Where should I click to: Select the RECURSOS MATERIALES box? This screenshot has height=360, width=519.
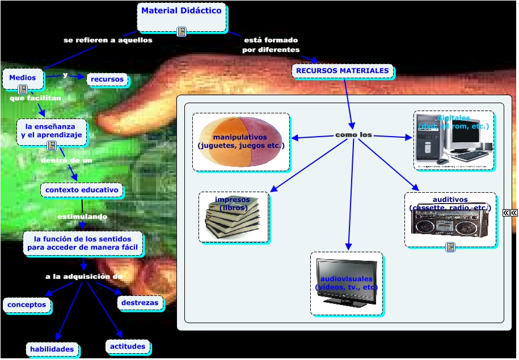pyautogui.click(x=343, y=71)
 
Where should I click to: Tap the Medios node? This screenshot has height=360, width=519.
pyautogui.click(x=23, y=78)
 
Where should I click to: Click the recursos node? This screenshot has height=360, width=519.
pyautogui.click(x=107, y=79)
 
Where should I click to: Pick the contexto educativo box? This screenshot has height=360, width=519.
pyautogui.click(x=82, y=190)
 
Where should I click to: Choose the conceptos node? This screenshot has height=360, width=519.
pyautogui.click(x=27, y=305)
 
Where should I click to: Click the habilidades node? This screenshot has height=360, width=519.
pyautogui.click(x=52, y=349)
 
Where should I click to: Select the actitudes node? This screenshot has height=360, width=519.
pyautogui.click(x=127, y=346)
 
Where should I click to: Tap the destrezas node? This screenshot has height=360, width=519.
pyautogui.click(x=140, y=303)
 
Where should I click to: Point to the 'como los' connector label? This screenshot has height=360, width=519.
pyautogui.click(x=353, y=135)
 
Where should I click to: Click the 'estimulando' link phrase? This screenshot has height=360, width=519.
pyautogui.click(x=82, y=217)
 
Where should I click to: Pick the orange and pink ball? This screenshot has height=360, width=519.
pyautogui.click(x=241, y=142)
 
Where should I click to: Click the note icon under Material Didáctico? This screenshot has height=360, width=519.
pyautogui.click(x=182, y=32)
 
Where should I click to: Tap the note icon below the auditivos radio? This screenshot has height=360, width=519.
pyautogui.click(x=450, y=247)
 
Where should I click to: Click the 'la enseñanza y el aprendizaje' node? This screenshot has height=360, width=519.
pyautogui.click(x=52, y=131)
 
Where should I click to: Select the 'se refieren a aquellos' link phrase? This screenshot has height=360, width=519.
pyautogui.click(x=108, y=40)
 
